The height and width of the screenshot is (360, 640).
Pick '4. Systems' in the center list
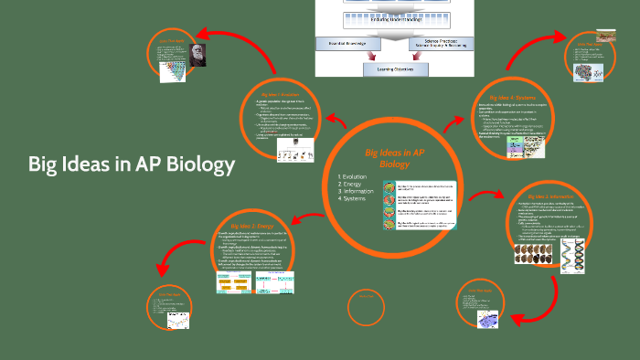point(352,201)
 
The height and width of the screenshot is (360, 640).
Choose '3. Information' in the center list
point(357,193)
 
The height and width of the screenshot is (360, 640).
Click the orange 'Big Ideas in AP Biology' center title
point(394,158)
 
